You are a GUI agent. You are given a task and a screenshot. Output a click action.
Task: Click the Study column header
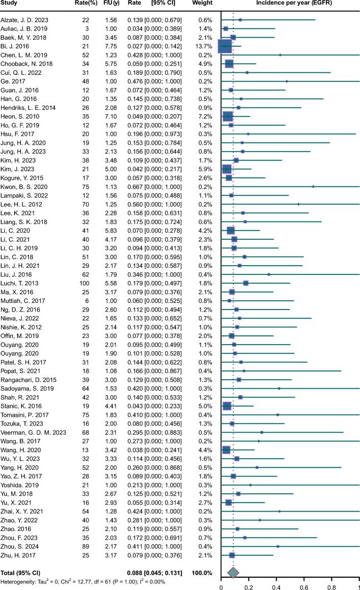coord(11,5)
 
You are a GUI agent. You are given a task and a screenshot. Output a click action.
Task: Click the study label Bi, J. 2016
coord(16,45)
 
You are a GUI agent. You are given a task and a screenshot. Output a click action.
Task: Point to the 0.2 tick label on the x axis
coord(249,585)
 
